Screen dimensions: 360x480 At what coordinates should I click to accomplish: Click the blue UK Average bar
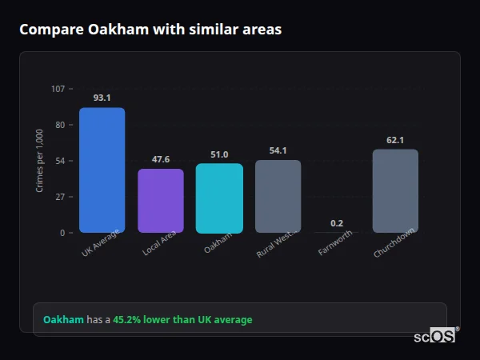coord(102,170)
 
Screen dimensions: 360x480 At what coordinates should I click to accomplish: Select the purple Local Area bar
coord(161,201)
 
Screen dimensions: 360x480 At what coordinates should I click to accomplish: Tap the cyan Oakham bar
coord(219,198)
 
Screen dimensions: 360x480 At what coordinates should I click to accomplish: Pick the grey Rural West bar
coord(278,196)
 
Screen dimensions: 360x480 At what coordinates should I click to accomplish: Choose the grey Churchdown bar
coord(395,190)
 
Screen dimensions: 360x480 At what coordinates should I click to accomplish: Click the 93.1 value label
coord(102,98)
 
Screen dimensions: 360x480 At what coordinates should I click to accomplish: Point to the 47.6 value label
coord(161,159)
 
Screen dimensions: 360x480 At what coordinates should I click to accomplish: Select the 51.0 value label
coord(219,154)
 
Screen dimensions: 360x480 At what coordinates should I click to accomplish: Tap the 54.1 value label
coord(278,150)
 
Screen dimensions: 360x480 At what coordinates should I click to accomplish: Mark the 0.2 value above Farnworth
coord(337,223)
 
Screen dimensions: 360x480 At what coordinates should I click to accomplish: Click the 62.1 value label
coord(395,140)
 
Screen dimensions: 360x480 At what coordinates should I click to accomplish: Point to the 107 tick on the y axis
coord(58,89)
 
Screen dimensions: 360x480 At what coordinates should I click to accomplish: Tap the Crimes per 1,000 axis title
coord(40,161)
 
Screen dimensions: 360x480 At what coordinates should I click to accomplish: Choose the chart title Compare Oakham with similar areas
coord(150,30)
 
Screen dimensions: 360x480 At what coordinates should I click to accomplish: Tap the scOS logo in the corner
coord(435,337)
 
